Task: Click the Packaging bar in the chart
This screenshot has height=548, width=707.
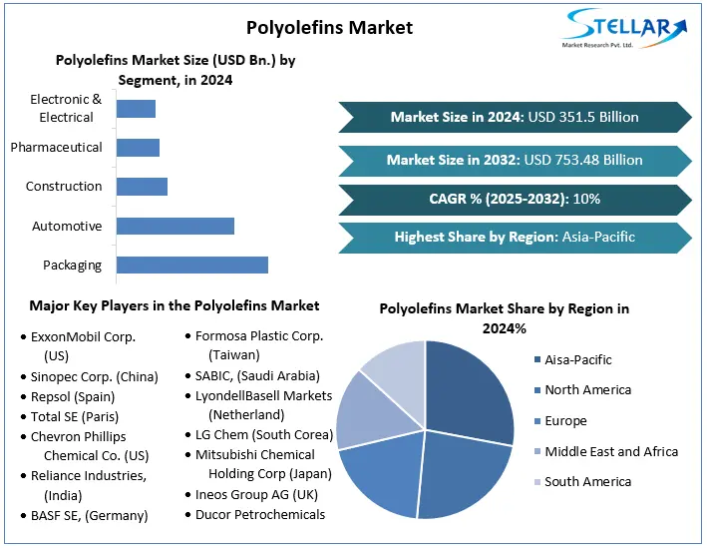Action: pyautogui.click(x=191, y=265)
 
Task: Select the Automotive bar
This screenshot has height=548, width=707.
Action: pyautogui.click(x=175, y=226)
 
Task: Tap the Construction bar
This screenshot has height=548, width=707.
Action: pyautogui.click(x=142, y=187)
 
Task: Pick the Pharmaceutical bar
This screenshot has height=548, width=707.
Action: pyautogui.click(x=138, y=148)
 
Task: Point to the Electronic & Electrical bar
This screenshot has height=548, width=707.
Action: pyautogui.click(x=136, y=108)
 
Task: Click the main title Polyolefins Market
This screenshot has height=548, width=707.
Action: pyautogui.click(x=329, y=26)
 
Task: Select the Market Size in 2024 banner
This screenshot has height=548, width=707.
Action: pyautogui.click(x=515, y=117)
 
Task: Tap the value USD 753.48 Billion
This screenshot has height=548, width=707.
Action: pyautogui.click(x=583, y=160)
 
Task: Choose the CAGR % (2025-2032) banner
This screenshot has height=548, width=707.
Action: pyautogui.click(x=515, y=199)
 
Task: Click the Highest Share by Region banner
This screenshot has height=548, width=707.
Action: pyautogui.click(x=515, y=237)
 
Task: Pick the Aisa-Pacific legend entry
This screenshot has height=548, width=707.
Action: pyautogui.click(x=577, y=359)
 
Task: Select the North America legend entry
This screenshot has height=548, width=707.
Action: pyautogui.click(x=587, y=390)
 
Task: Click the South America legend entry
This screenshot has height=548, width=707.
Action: pyautogui.click(x=587, y=482)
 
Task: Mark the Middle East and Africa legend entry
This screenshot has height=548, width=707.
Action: pyautogui.click(x=610, y=451)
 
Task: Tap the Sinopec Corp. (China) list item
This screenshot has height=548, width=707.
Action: pyautogui.click(x=95, y=376)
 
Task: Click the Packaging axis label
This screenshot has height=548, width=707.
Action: pyautogui.click(x=72, y=266)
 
